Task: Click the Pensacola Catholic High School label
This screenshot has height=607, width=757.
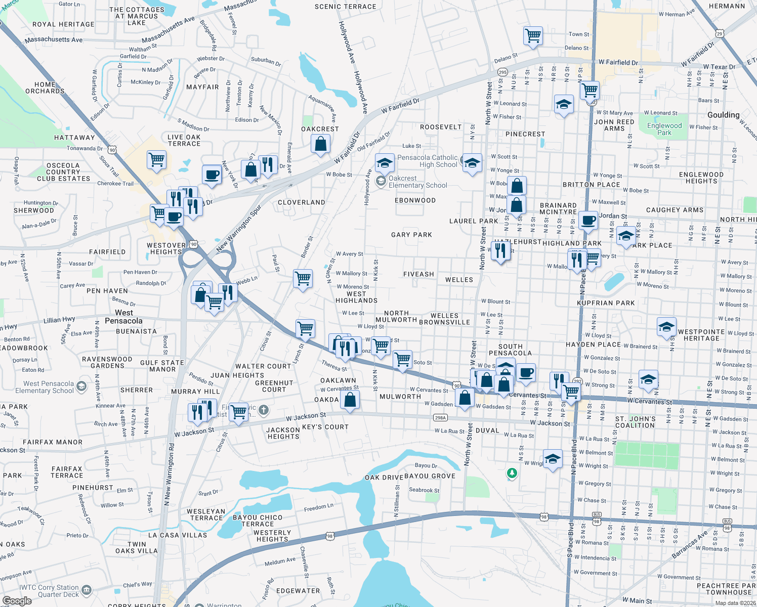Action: click(x=427, y=161)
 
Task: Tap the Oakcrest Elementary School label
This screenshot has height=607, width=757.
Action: click(x=417, y=182)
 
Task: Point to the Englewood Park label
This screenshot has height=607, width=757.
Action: click(x=664, y=129)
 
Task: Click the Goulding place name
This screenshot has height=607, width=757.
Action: click(x=723, y=115)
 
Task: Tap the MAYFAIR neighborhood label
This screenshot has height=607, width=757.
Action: click(x=202, y=87)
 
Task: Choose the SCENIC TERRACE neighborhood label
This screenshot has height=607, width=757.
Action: click(x=345, y=7)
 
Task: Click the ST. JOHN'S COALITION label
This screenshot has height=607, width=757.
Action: click(x=635, y=422)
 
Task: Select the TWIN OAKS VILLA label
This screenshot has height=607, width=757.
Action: click(x=136, y=547)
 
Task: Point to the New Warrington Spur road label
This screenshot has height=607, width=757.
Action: click(x=238, y=228)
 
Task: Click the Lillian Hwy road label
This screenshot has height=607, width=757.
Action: click(x=59, y=320)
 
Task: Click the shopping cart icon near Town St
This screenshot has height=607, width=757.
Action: click(x=533, y=36)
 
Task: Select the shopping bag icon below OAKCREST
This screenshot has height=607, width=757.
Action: click(x=320, y=145)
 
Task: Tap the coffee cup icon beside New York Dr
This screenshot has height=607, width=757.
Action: click(x=212, y=175)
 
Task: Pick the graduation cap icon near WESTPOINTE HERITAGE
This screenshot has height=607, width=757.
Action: click(x=666, y=327)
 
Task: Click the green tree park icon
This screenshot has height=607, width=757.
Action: click(x=512, y=473)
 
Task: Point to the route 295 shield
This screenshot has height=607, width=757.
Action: click(x=502, y=72)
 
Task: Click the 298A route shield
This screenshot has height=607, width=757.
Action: click(x=440, y=418)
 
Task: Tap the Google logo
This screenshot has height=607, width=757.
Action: click(x=17, y=601)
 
